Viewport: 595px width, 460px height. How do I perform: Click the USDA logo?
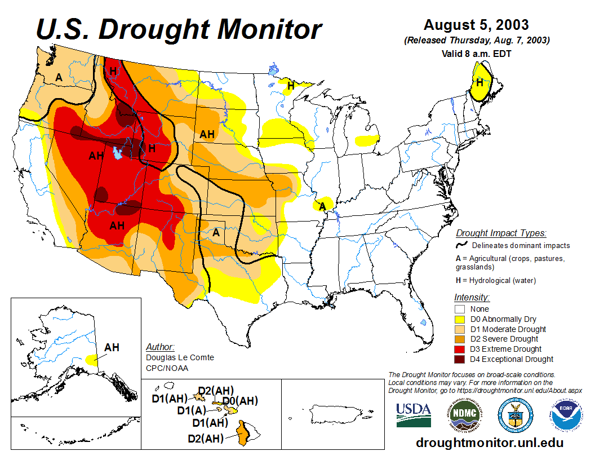click(414, 415)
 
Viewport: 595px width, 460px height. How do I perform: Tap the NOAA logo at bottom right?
click(565, 415)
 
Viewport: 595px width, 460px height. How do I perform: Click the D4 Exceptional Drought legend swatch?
click(460, 359)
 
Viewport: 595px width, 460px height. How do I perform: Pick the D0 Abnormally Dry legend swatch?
click(460, 319)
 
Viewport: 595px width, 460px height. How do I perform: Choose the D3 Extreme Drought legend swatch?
click(460, 349)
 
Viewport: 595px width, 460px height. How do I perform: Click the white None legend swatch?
click(460, 309)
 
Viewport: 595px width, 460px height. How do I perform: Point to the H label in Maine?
click(479, 82)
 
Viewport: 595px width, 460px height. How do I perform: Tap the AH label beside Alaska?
click(112, 347)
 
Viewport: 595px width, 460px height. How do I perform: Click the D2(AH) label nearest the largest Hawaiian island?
click(206, 438)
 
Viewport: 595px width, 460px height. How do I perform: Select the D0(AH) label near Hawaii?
click(240, 401)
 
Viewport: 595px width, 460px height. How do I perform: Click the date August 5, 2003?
click(476, 25)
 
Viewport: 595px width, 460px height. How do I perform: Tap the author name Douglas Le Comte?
click(180, 357)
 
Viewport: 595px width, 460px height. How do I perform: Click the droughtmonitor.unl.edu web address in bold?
click(490, 443)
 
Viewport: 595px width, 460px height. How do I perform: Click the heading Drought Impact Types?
click(501, 233)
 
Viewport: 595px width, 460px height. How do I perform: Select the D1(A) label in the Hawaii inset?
click(192, 411)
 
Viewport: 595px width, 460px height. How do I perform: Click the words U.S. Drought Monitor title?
click(179, 29)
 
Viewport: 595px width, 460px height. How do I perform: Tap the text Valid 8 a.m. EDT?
click(476, 54)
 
